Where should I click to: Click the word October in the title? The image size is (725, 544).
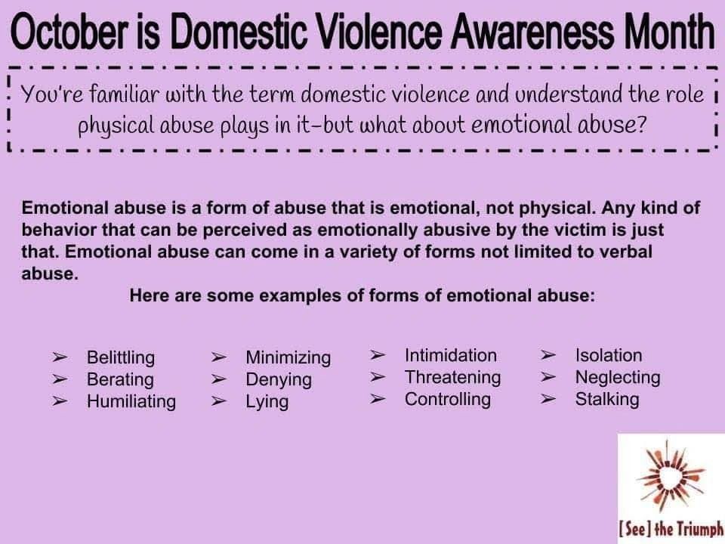(71, 32)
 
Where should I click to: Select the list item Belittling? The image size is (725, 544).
(121, 357)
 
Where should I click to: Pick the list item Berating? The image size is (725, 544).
(120, 380)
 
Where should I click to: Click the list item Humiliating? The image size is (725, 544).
(131, 401)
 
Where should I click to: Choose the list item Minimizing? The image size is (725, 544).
(288, 357)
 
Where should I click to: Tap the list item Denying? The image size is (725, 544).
(279, 380)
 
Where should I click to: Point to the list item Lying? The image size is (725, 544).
(267, 401)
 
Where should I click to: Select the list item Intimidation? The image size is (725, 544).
(451, 355)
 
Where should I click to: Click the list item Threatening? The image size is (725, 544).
(452, 378)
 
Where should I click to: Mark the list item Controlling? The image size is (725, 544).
(448, 399)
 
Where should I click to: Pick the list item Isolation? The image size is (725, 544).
(609, 355)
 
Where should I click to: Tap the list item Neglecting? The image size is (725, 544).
(618, 378)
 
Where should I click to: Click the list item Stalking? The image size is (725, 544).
(607, 399)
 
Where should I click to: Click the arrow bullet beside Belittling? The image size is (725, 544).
(60, 357)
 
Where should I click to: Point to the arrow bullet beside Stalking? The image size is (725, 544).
(548, 399)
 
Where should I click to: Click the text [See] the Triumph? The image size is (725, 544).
(671, 528)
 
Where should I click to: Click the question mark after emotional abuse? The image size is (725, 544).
(640, 125)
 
